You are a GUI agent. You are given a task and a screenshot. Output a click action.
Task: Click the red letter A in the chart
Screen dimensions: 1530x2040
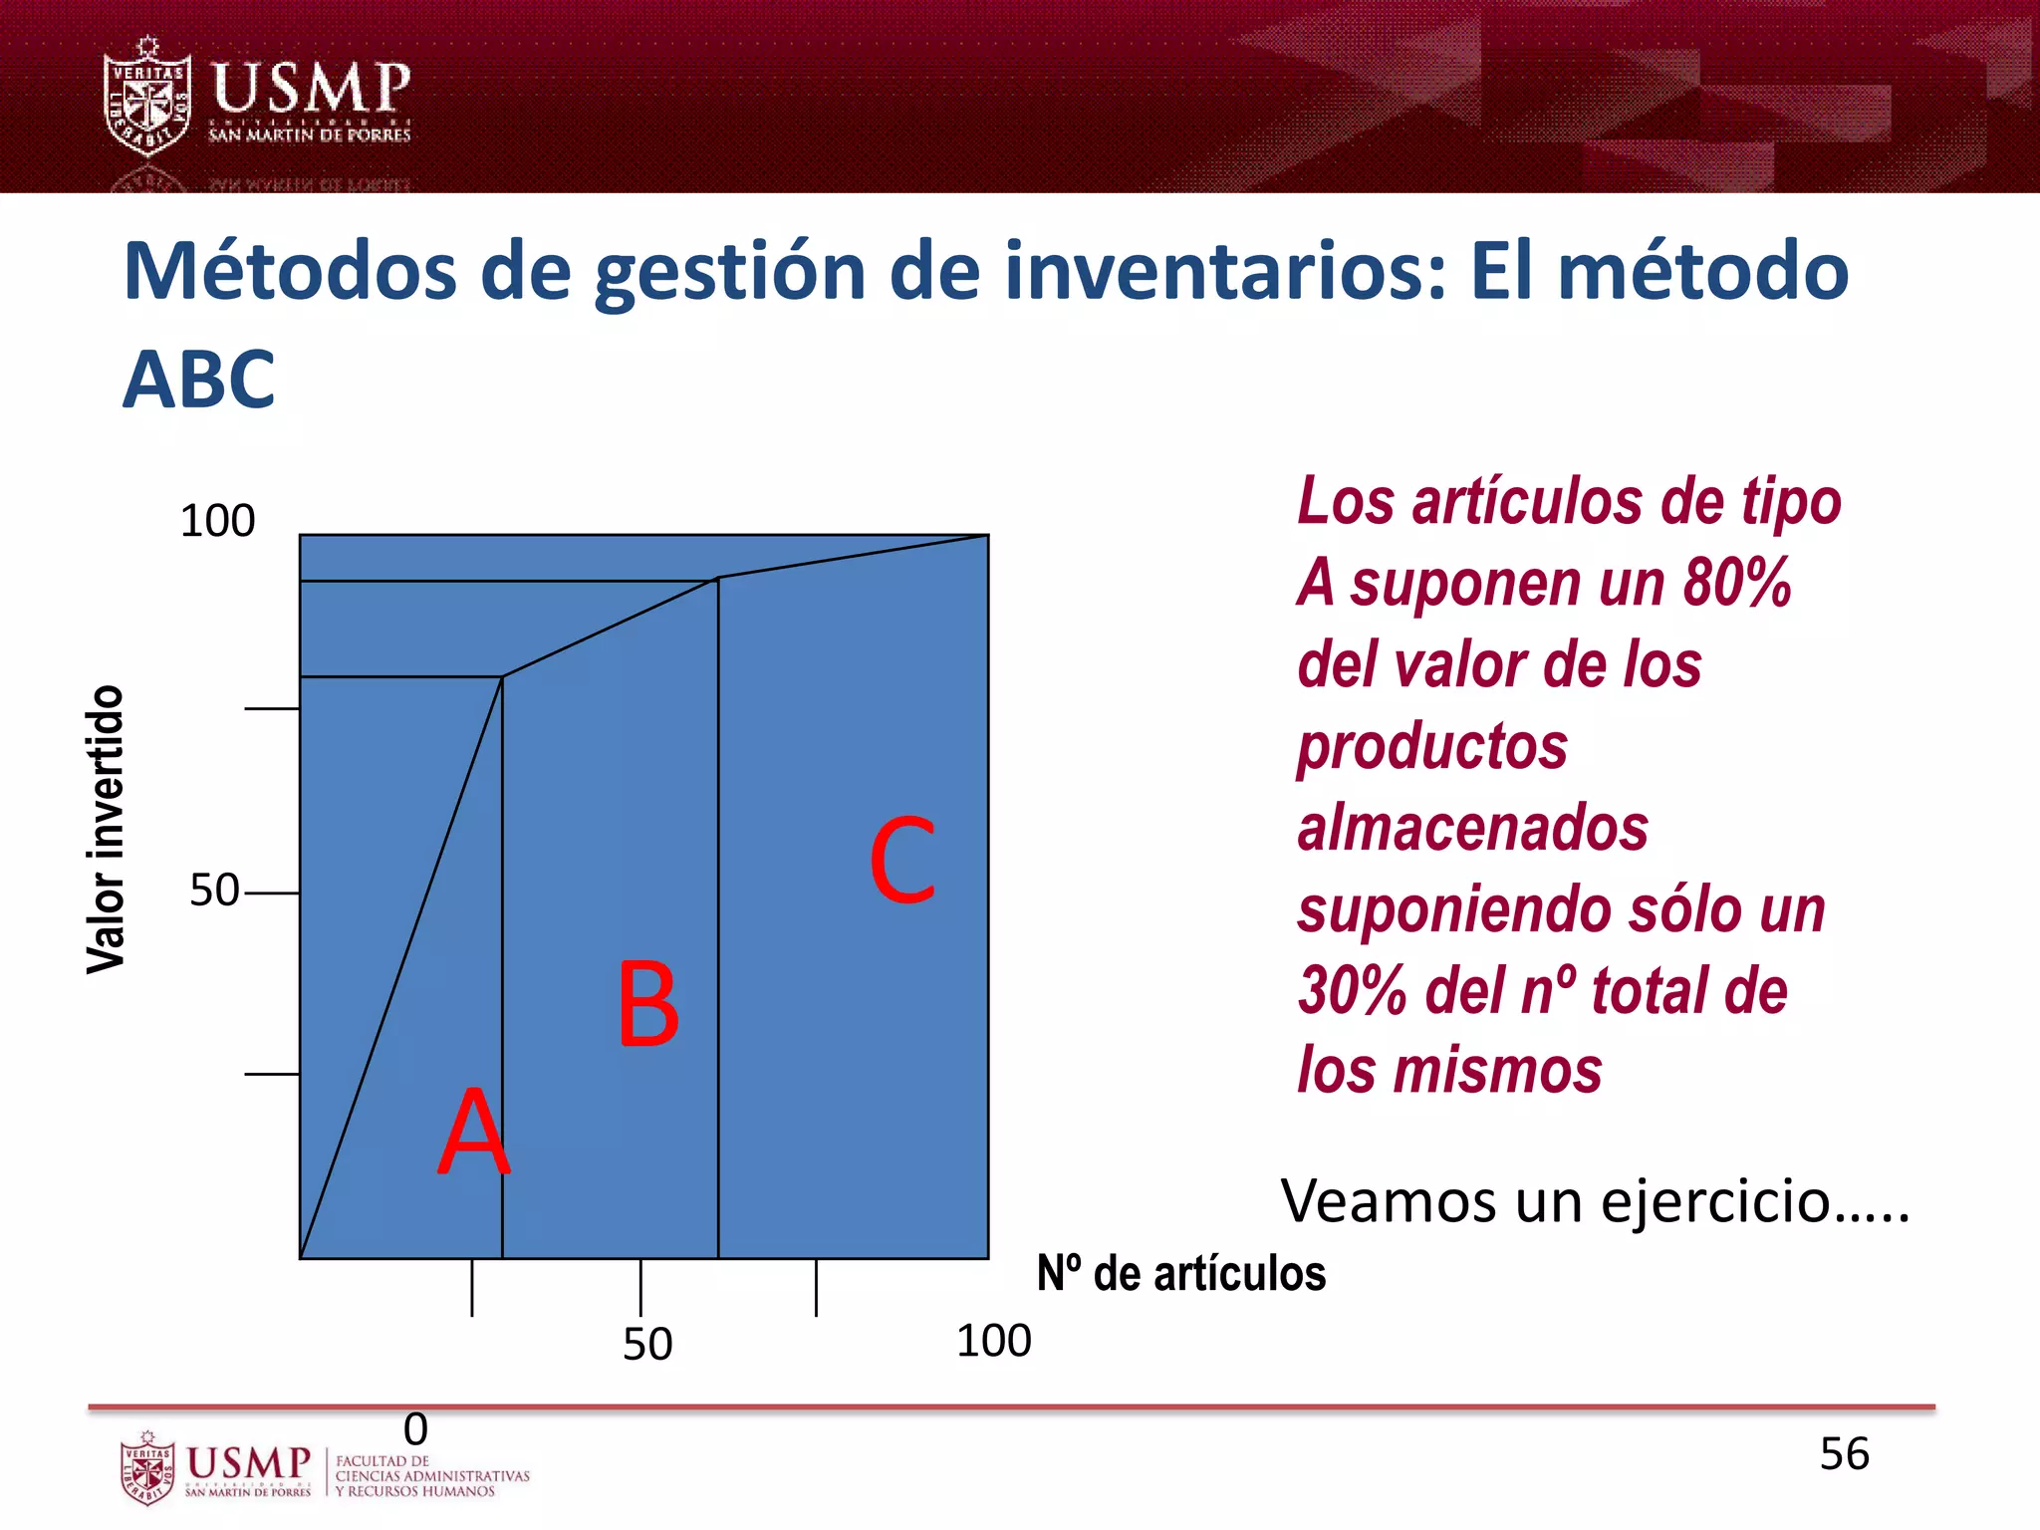point(474,1133)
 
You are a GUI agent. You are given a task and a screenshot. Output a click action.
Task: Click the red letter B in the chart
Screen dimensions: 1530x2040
point(648,1004)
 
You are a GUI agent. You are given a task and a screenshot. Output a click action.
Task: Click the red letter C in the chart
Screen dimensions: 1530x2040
point(902,860)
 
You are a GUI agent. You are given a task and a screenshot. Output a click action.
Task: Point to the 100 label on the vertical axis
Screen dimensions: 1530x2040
point(217,521)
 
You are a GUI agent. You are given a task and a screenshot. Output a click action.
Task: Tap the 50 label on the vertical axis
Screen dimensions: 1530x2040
point(214,890)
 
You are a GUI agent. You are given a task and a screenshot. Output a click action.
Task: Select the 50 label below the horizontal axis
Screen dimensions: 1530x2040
point(647,1345)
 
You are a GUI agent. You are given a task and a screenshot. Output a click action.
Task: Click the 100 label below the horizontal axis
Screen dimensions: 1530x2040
point(993,1341)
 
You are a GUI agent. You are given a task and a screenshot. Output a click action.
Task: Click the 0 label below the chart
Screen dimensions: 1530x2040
point(415,1429)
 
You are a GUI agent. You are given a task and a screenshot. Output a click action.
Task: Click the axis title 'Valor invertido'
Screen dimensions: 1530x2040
point(106,829)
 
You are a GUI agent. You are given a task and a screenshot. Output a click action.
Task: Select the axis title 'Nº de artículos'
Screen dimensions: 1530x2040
point(1181,1274)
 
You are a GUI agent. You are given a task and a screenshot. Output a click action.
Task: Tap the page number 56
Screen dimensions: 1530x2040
point(1844,1454)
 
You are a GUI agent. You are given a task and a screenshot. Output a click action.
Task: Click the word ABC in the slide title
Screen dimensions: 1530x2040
point(198,381)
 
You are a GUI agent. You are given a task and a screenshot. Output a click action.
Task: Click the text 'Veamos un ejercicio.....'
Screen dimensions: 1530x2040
point(1595,1201)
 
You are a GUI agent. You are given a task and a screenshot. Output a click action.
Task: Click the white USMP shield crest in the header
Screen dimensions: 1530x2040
point(147,98)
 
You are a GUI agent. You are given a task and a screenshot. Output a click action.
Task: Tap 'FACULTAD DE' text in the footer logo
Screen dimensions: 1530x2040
point(382,1461)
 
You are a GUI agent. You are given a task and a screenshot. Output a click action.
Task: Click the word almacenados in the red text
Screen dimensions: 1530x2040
point(1472,828)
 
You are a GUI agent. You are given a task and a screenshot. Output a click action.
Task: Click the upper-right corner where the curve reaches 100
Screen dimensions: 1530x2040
point(987,536)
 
